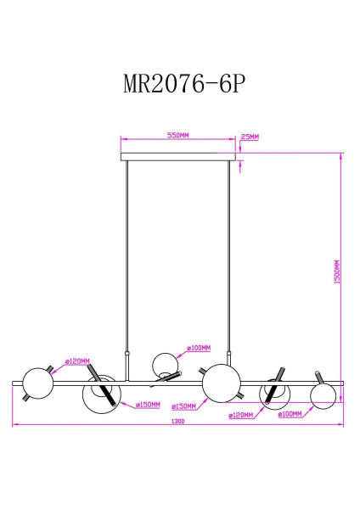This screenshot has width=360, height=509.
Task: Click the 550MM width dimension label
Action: tap(177, 135)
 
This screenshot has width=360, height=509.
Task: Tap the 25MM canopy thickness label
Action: tap(250, 136)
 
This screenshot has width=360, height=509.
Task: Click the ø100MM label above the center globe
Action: tap(199, 348)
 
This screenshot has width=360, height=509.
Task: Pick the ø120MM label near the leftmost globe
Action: tap(77, 361)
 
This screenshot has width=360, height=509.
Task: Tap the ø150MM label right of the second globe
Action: tap(149, 406)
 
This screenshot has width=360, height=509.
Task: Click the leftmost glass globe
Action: tap(37, 383)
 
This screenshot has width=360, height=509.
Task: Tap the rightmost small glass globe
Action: tap(323, 394)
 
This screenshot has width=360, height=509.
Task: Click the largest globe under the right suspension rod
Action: tap(219, 381)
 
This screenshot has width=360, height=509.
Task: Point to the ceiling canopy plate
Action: tap(177, 156)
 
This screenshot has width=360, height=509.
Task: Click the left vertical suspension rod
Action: tap(127, 255)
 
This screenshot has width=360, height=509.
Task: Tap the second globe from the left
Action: tap(99, 393)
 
